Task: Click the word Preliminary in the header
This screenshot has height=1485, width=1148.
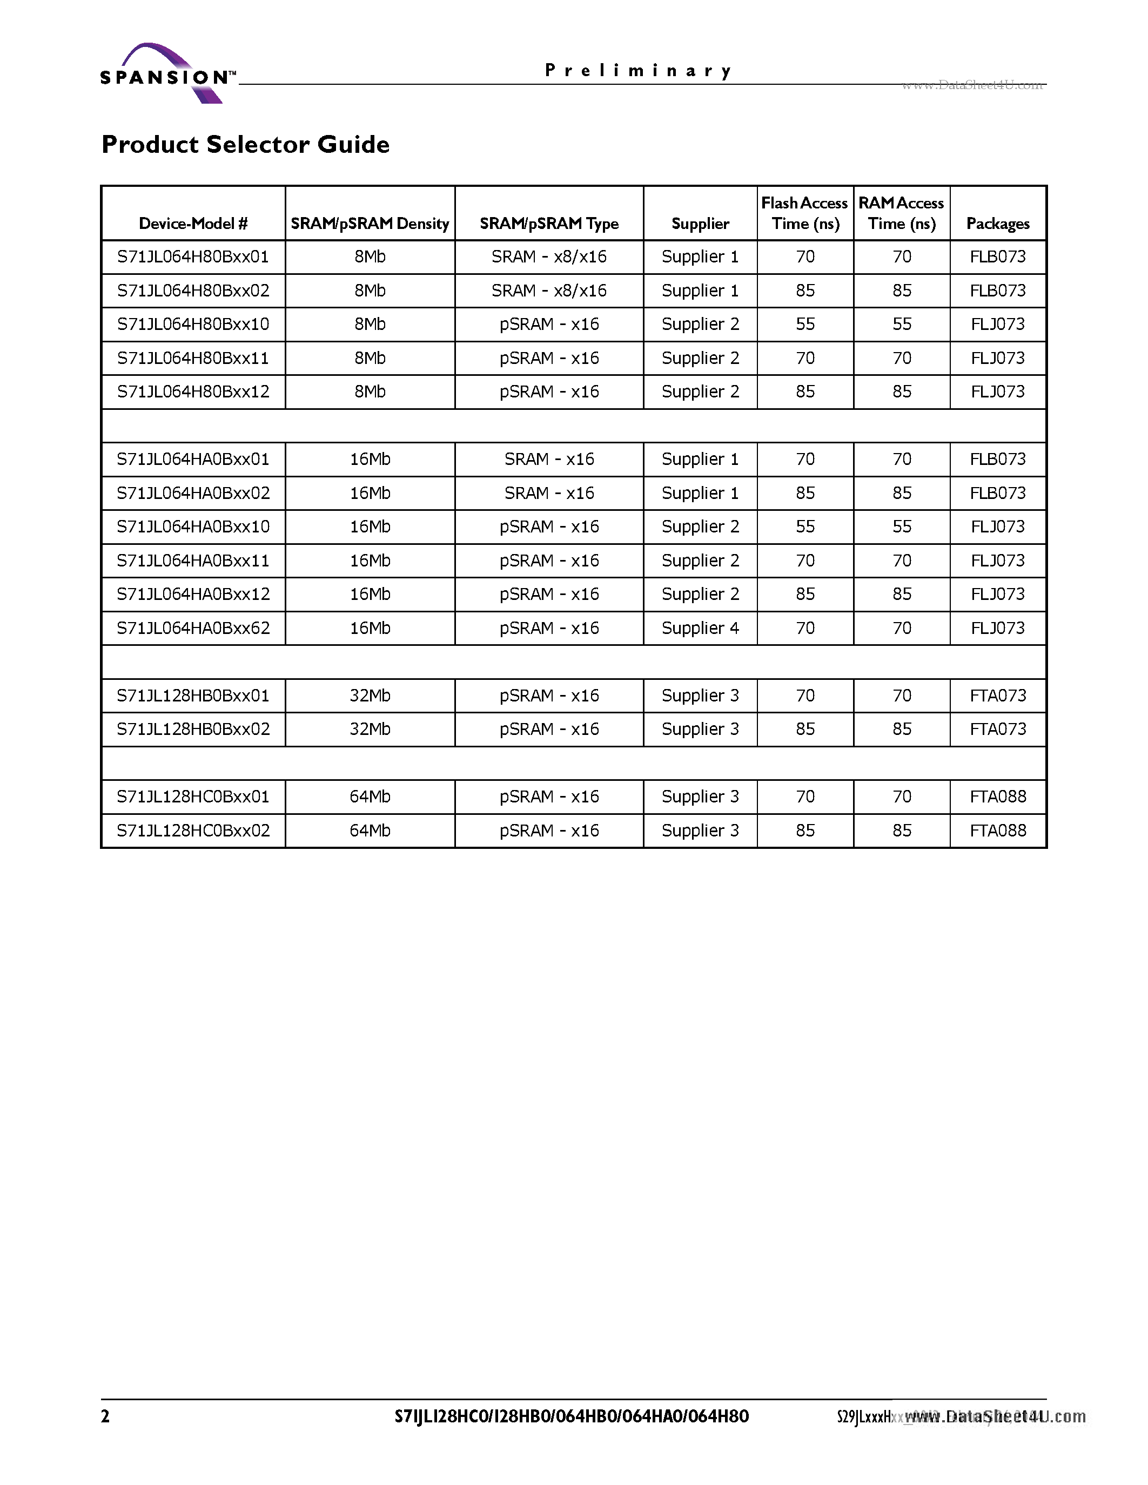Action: pyautogui.click(x=637, y=71)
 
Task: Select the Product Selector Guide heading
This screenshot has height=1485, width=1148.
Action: pyautogui.click(x=245, y=144)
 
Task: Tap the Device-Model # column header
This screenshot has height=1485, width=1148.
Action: pyautogui.click(x=193, y=223)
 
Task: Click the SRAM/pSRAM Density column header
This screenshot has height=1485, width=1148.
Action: pyautogui.click(x=370, y=223)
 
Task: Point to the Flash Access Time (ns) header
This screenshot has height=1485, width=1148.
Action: pyautogui.click(x=804, y=213)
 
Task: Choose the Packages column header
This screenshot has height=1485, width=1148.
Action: pyautogui.click(x=998, y=223)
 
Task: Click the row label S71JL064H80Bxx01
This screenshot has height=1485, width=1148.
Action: pyautogui.click(x=193, y=257)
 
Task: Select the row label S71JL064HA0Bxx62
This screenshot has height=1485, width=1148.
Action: pyautogui.click(x=193, y=628)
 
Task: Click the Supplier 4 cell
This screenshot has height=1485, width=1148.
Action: pyautogui.click(x=700, y=628)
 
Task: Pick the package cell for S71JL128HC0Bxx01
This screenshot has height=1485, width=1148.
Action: pyautogui.click(x=998, y=797)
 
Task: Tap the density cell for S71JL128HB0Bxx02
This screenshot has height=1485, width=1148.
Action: pyautogui.click(x=370, y=730)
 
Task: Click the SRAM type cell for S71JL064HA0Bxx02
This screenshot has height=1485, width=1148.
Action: pyautogui.click(x=549, y=494)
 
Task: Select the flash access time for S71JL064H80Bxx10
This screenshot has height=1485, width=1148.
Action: pyautogui.click(x=804, y=325)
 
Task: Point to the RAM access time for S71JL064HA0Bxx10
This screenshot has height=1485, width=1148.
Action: pyautogui.click(x=901, y=527)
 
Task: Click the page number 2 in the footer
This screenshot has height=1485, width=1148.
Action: pyautogui.click(x=105, y=1416)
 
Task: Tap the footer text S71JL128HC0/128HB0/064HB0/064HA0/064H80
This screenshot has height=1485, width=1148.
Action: pyautogui.click(x=571, y=1416)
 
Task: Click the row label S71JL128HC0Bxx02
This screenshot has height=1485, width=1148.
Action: pyautogui.click(x=193, y=831)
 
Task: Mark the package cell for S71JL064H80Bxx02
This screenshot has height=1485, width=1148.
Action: pyautogui.click(x=998, y=291)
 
